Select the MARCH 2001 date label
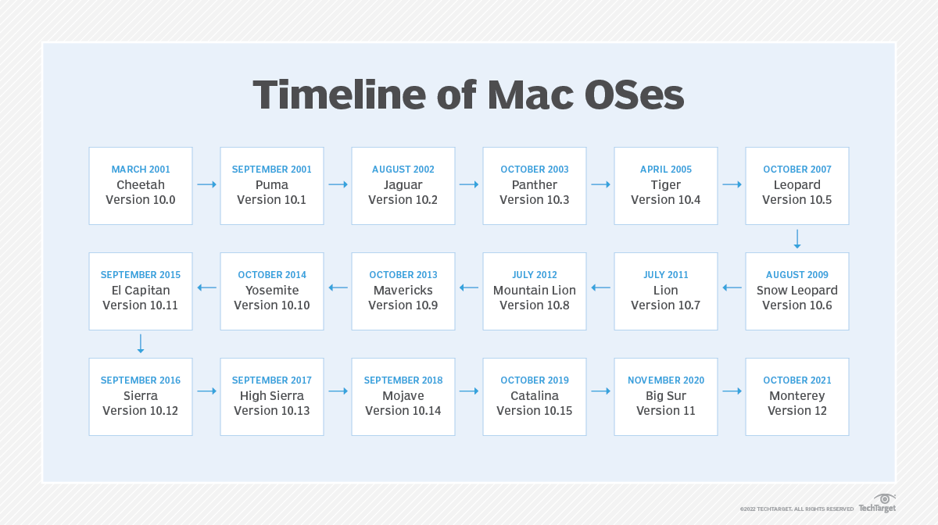pyautogui.click(x=141, y=170)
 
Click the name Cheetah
pyautogui.click(x=141, y=185)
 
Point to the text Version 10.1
pyautogui.click(x=272, y=200)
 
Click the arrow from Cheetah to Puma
pyautogui.click(x=206, y=185)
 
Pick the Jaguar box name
pyautogui.click(x=403, y=185)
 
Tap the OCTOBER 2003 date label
pyautogui.click(x=535, y=170)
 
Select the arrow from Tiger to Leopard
pyautogui.click(x=732, y=185)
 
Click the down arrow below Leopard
pyautogui.click(x=797, y=238)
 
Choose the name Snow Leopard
pyautogui.click(x=797, y=291)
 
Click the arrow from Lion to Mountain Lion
pyautogui.click(x=600, y=287)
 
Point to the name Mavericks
pyautogui.click(x=403, y=291)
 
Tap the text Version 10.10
pyautogui.click(x=272, y=305)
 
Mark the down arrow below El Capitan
pyautogui.click(x=141, y=344)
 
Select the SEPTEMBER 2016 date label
pyautogui.click(x=141, y=380)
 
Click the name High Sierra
pyautogui.click(x=272, y=396)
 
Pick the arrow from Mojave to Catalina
pyautogui.click(x=469, y=391)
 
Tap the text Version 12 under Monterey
pyautogui.click(x=797, y=411)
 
